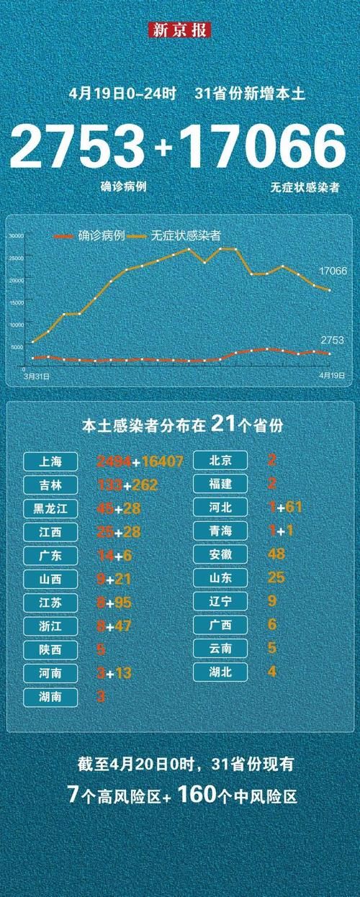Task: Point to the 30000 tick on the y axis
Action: coord(17,236)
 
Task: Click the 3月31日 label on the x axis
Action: coord(33,376)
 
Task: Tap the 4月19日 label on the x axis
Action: coord(330,376)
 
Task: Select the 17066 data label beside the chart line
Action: coord(333,271)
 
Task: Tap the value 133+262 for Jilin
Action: coord(126,484)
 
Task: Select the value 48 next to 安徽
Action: coord(276,554)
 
